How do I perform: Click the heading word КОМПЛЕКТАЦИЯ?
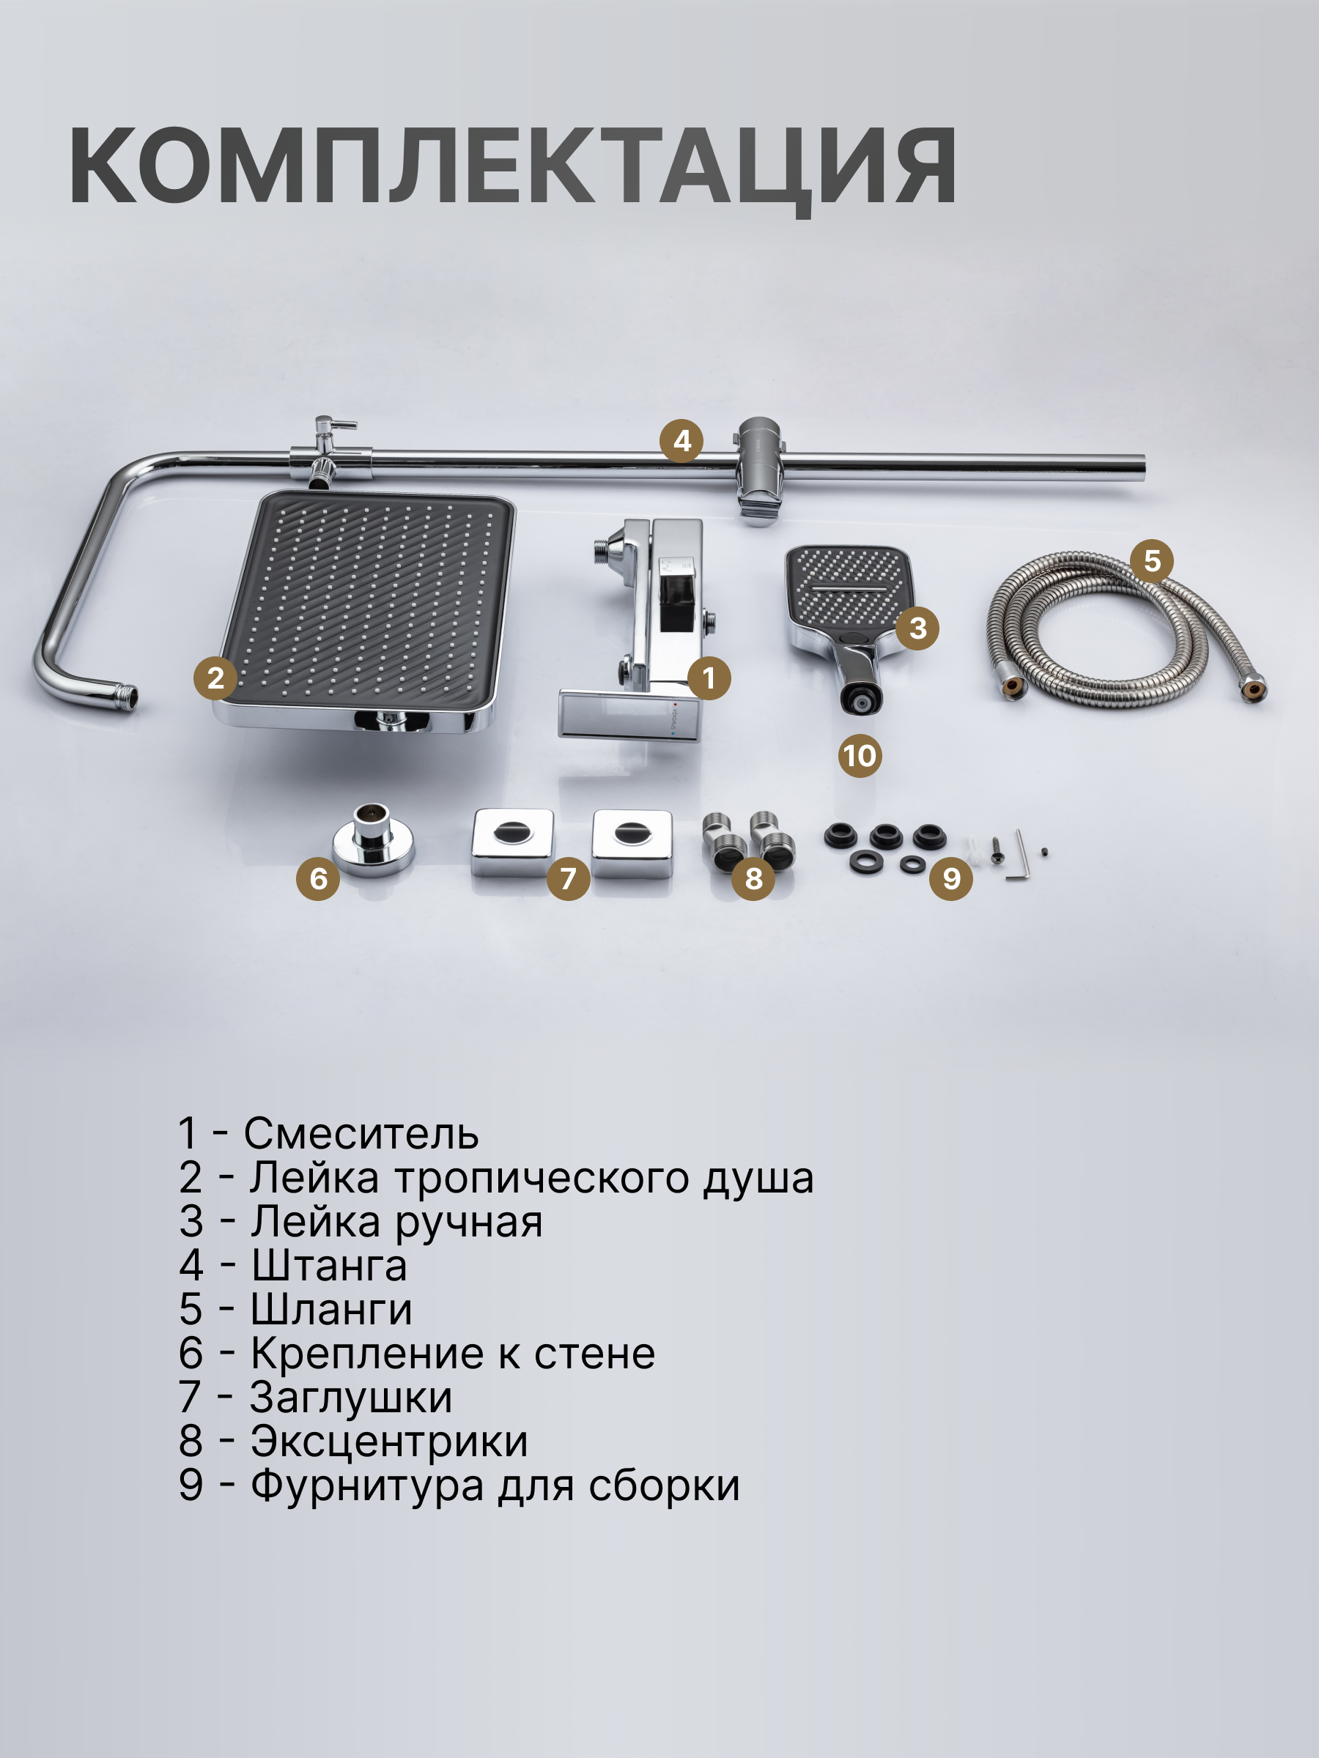pyautogui.click(x=513, y=166)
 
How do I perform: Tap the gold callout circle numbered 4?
pyautogui.click(x=681, y=440)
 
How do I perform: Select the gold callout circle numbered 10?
pyautogui.click(x=860, y=755)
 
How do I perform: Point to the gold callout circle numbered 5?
pyautogui.click(x=1152, y=560)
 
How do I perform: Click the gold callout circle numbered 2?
pyautogui.click(x=215, y=678)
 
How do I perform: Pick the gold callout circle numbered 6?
pyautogui.click(x=318, y=878)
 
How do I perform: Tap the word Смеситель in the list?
pyautogui.click(x=361, y=1133)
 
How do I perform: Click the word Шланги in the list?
pyautogui.click(x=331, y=1309)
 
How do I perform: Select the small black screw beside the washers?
pyautogui.click(x=994, y=850)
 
